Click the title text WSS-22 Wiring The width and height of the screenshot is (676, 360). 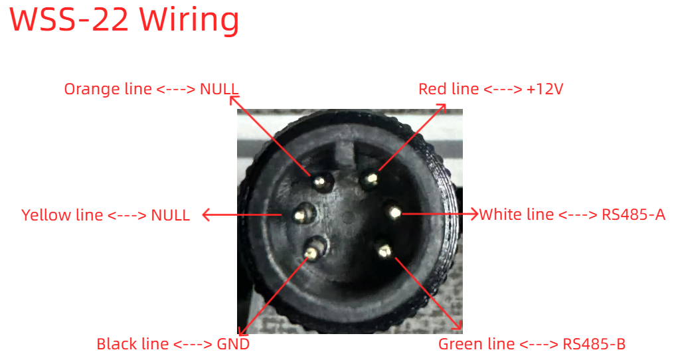pos(124,19)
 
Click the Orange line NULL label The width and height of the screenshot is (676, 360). pos(151,89)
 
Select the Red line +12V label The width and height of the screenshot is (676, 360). pos(491,89)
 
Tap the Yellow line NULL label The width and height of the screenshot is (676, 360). pos(106,215)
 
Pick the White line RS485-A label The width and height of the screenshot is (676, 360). pos(572,215)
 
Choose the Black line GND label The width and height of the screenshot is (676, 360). pos(173,344)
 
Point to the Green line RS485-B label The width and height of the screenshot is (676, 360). pos(532,344)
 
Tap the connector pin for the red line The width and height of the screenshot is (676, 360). pos(370,179)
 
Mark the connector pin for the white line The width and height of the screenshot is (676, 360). pos(394,212)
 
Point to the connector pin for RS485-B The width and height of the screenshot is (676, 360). pos(384,250)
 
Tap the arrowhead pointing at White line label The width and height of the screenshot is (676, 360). pos(474,213)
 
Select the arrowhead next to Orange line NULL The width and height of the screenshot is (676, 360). pos(234,100)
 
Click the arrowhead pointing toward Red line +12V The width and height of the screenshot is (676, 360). pos(442,108)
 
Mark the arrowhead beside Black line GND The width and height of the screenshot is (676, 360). pos(243,330)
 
